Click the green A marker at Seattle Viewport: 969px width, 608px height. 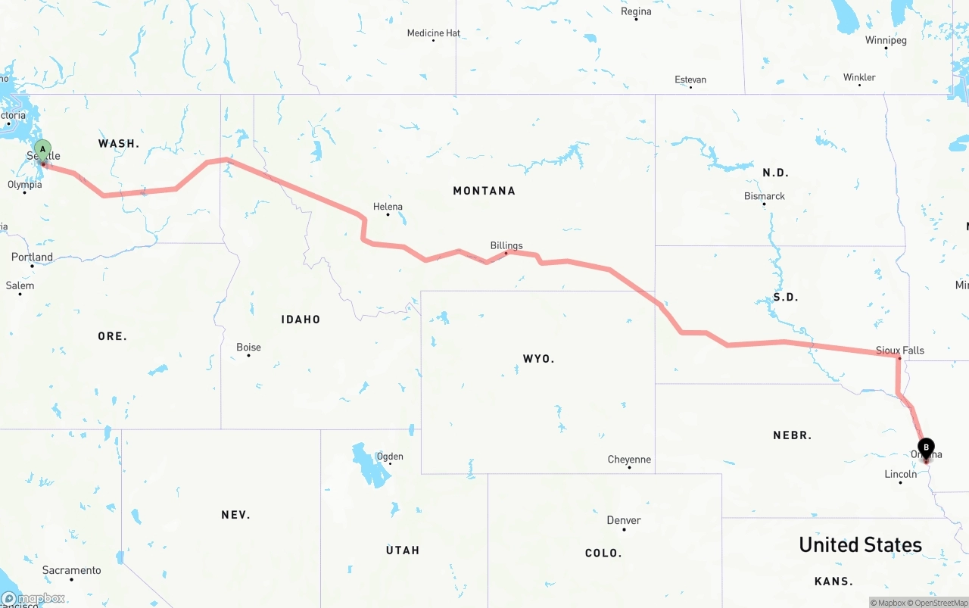(x=43, y=149)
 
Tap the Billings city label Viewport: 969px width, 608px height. (x=506, y=245)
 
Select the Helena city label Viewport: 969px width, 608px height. (x=388, y=207)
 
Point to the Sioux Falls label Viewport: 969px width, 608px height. (x=900, y=351)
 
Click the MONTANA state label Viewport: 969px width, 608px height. (x=484, y=191)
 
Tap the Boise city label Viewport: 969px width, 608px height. (x=248, y=348)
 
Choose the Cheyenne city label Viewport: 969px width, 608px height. (x=629, y=460)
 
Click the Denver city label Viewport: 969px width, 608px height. (x=624, y=520)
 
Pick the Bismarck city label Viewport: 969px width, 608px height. (x=765, y=196)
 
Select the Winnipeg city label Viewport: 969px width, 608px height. (x=886, y=40)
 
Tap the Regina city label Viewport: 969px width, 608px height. (x=636, y=11)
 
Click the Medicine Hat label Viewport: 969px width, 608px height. (x=434, y=33)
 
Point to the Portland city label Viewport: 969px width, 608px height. (x=33, y=257)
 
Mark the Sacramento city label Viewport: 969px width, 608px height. (x=72, y=570)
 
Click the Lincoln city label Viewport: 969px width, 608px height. (x=901, y=474)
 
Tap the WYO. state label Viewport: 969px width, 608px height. (x=538, y=358)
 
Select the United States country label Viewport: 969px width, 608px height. (x=860, y=544)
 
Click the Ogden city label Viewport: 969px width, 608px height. (x=390, y=456)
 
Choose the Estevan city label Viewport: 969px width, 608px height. (x=690, y=80)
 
